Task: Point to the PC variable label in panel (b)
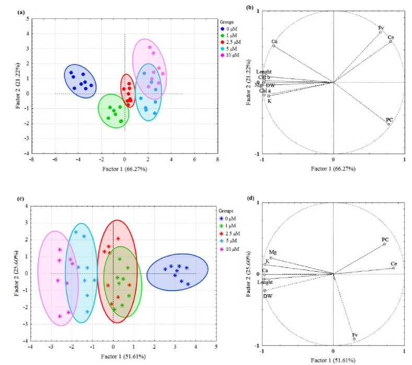click(389, 120)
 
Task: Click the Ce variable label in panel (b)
click(391, 37)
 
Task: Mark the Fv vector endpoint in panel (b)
click(381, 32)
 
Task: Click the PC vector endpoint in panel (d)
click(384, 244)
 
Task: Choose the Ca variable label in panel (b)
click(274, 41)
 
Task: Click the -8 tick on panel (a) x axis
click(32, 160)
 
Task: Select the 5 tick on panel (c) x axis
click(216, 346)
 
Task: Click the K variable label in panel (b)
click(270, 101)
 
